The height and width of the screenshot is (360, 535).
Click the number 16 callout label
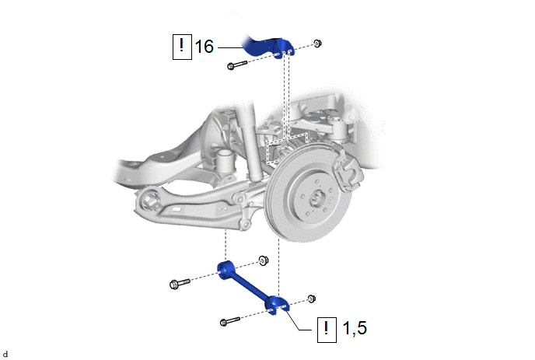click(204, 47)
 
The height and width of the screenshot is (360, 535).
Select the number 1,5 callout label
click(355, 328)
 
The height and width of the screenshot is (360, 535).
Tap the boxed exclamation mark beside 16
click(182, 47)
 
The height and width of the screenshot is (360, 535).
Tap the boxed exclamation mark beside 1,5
click(327, 330)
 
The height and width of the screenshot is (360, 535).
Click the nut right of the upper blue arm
click(317, 44)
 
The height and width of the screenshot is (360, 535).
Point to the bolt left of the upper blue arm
click(237, 65)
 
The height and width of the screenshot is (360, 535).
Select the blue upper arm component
click(267, 47)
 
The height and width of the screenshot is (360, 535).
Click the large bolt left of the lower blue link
click(180, 283)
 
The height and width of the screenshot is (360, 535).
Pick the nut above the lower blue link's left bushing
click(263, 260)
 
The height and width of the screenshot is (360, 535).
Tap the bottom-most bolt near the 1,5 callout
click(230, 321)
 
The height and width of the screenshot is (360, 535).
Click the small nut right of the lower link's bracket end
click(311, 299)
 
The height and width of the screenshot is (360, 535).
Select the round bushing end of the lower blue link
click(226, 270)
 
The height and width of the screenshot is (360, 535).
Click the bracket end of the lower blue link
click(277, 305)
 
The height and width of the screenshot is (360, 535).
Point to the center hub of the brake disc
click(316, 198)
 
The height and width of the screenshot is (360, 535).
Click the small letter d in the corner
click(5, 355)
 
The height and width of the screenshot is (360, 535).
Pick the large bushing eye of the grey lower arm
click(150, 201)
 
